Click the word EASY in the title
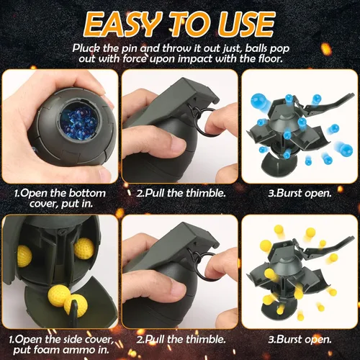122,24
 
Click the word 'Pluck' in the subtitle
86,48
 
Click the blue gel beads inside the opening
78,121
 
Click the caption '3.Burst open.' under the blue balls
300,193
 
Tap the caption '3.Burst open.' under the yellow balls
300,339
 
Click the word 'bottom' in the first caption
87,193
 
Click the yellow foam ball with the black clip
76,305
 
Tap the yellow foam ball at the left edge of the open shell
24,256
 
